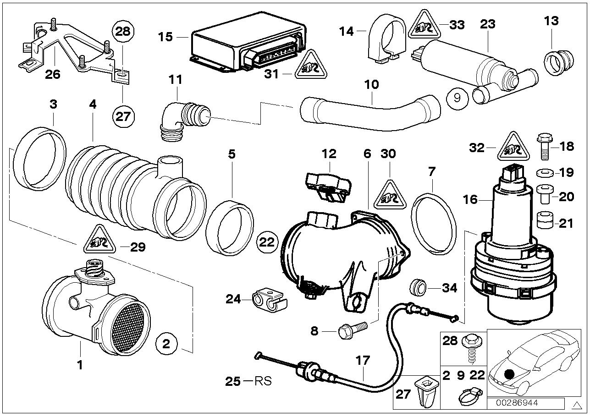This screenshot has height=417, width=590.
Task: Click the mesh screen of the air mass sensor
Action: [129, 328]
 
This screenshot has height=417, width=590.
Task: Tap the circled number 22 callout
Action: [267, 242]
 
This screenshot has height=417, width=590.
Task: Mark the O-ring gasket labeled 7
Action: [433, 224]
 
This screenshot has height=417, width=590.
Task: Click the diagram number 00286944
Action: [517, 403]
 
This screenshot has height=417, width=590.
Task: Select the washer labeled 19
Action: [545, 173]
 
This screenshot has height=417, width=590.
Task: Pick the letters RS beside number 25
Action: [263, 381]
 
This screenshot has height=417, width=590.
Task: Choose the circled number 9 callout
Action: [458, 98]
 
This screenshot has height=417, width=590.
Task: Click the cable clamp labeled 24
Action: [270, 299]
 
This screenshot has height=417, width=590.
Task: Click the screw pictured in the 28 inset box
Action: [471, 348]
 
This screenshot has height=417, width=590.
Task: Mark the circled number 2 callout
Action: [166, 344]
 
